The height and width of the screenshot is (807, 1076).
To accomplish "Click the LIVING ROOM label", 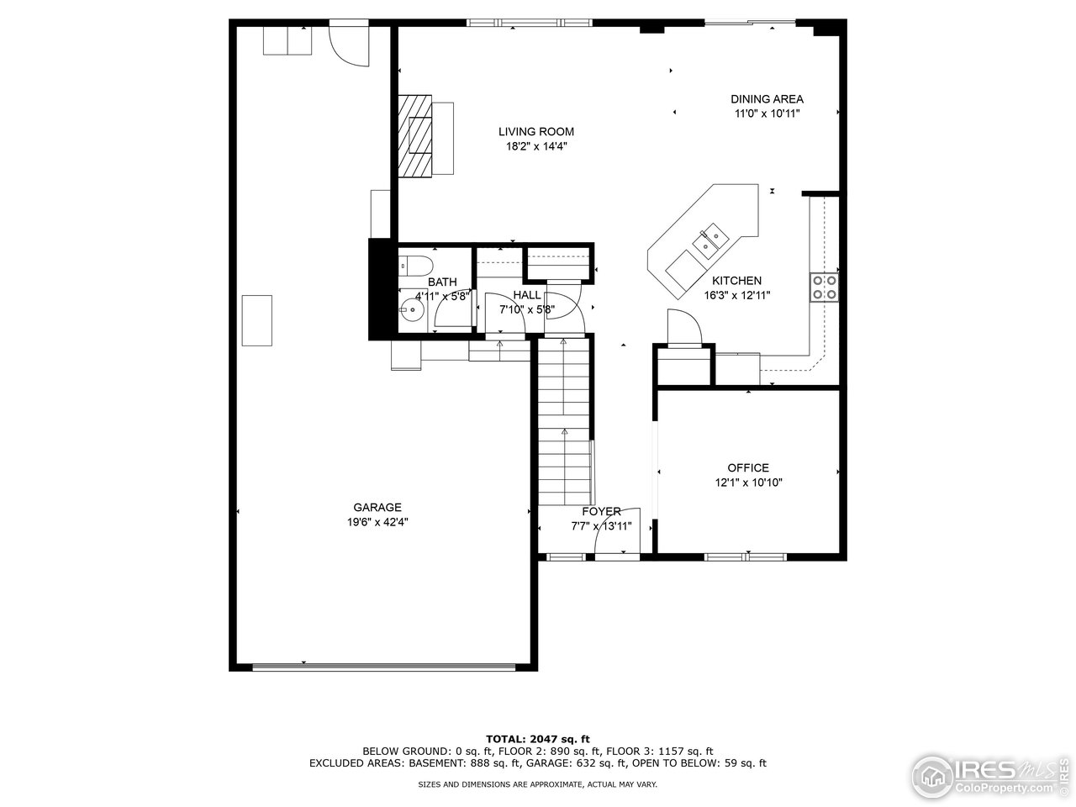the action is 535,132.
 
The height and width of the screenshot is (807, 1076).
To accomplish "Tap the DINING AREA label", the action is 767,99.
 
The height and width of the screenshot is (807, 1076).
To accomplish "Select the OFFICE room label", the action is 748,468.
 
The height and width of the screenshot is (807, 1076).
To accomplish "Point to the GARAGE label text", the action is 377,507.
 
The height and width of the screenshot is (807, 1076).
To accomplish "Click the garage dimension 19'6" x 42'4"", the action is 377,522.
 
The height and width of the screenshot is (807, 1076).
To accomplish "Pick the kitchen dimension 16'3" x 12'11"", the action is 736,295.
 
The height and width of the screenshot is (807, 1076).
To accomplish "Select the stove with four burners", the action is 824,287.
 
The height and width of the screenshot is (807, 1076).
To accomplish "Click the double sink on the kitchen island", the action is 710,240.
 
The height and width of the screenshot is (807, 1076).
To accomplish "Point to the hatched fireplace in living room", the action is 414,135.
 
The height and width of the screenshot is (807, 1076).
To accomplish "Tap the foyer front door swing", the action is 617,531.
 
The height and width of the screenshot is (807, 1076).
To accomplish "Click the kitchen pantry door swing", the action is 684,327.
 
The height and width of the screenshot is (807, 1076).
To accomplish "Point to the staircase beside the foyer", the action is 564,422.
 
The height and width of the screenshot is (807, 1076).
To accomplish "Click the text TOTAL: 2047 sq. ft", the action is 538,739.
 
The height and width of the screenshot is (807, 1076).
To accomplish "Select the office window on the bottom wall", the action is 745,556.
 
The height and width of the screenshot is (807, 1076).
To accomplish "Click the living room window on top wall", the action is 529,23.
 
